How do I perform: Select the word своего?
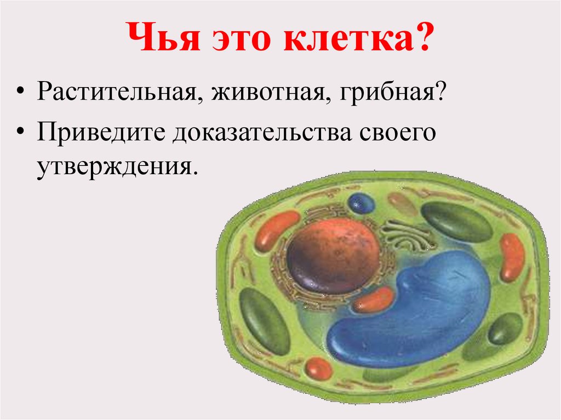click(398, 133)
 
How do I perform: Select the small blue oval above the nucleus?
click(362, 204)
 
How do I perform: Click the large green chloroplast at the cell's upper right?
click(456, 222)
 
